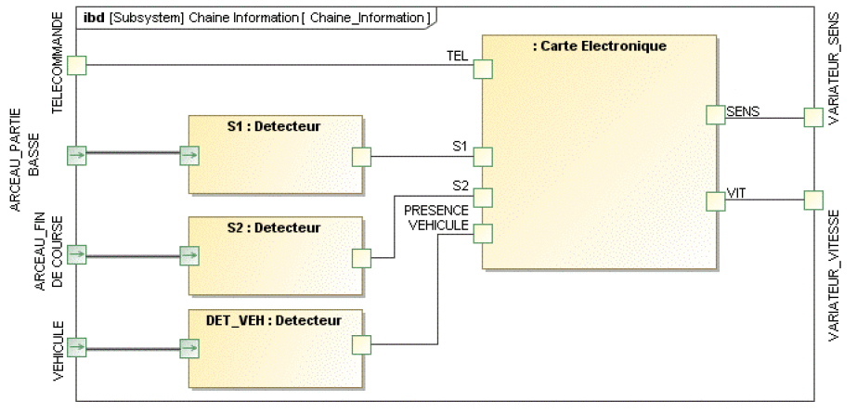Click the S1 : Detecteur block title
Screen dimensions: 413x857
tap(274, 126)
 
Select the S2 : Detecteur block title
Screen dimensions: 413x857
tap(274, 227)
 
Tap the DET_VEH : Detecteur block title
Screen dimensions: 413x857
tap(274, 320)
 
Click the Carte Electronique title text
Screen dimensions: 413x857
tap(600, 45)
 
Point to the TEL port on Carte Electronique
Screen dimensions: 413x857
tap(482, 70)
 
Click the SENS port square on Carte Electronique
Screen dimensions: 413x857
tap(715, 114)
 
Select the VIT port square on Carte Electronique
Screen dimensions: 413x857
tap(715, 200)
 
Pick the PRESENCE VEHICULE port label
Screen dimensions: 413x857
tap(436, 217)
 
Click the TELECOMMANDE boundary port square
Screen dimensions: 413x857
tap(77, 65)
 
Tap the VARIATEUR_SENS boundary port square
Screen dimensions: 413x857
tap(812, 117)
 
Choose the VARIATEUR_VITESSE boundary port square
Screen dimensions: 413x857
tap(812, 200)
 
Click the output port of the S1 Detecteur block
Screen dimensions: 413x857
tap(361, 156)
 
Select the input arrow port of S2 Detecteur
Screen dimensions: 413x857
tap(189, 254)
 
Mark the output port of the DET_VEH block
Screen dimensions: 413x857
tap(361, 346)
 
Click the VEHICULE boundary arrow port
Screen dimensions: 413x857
tap(77, 347)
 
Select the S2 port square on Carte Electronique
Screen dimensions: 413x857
tap(482, 197)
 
